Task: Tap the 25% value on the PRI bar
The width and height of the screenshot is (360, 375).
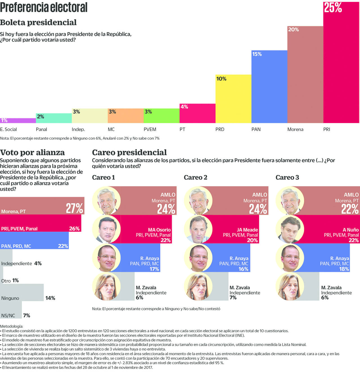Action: (x=333, y=8)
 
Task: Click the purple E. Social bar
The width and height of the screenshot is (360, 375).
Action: (x=18, y=120)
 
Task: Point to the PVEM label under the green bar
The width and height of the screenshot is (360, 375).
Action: (x=150, y=130)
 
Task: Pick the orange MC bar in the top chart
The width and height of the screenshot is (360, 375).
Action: (x=125, y=116)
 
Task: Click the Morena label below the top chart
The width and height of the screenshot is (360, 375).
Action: (x=295, y=130)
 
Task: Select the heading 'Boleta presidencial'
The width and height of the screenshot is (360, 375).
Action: (x=38, y=23)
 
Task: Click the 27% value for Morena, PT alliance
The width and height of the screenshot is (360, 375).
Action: (x=75, y=208)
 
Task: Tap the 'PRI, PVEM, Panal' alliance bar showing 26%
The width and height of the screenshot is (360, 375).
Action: (x=40, y=223)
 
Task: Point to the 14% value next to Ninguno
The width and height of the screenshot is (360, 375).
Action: (x=50, y=298)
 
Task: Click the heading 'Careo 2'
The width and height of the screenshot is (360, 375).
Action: (x=195, y=177)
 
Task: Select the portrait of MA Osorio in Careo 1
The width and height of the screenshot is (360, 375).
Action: (x=106, y=229)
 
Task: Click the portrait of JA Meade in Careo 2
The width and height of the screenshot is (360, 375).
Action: (x=198, y=229)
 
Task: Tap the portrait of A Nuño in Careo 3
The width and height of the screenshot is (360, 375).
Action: (x=290, y=229)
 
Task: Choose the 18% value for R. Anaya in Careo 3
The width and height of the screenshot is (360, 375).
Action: (x=344, y=269)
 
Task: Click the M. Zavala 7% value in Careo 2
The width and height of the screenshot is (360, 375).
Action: (x=233, y=298)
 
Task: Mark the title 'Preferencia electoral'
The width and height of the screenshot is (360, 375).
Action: (x=44, y=7)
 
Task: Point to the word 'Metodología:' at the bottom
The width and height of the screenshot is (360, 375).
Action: (x=12, y=326)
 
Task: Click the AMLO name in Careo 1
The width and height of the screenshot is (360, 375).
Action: (x=168, y=195)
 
